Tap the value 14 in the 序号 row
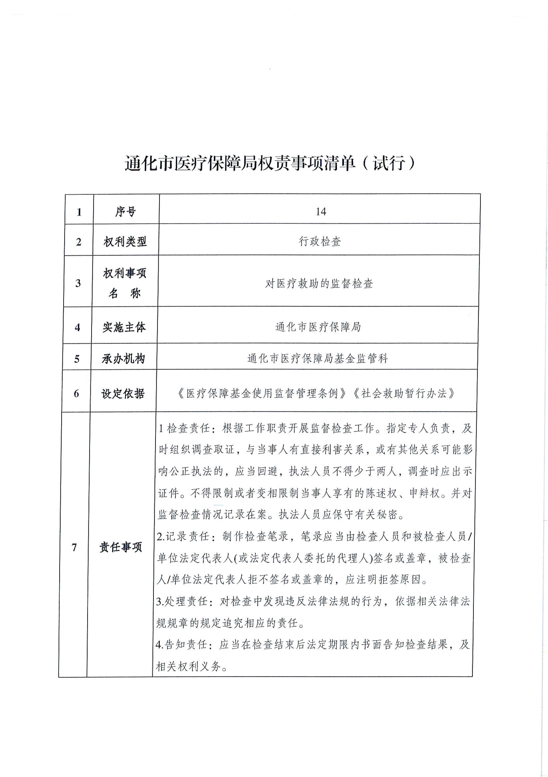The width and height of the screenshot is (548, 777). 320,212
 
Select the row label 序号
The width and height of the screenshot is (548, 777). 125,212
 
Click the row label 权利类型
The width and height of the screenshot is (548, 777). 125,242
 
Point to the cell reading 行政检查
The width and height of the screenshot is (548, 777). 320,242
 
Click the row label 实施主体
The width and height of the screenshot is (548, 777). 124,327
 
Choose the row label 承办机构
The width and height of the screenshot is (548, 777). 123,359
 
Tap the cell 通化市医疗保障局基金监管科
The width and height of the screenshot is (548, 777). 318,358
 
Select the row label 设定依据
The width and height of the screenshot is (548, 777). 123,393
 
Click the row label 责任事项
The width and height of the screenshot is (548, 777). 121,547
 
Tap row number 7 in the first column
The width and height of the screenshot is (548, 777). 74,547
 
